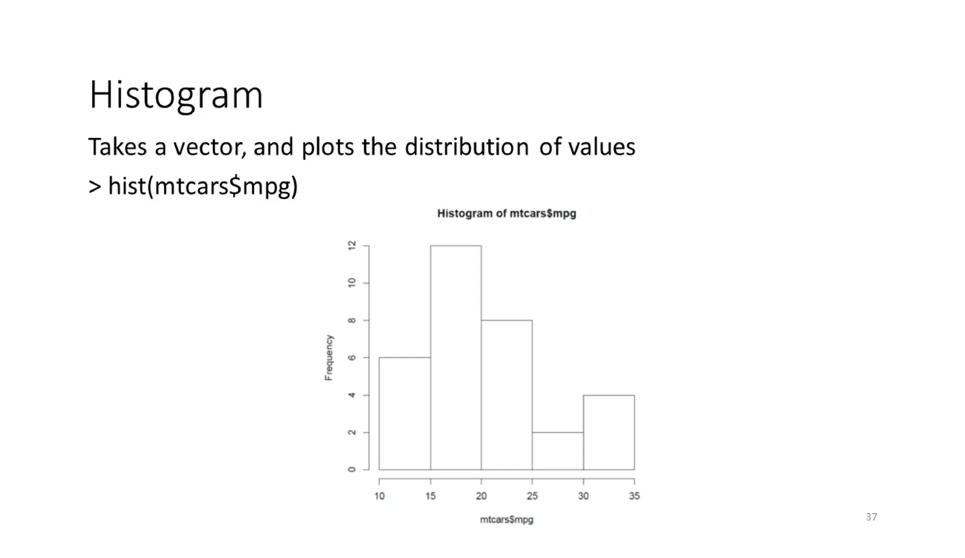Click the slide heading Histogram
(x=176, y=95)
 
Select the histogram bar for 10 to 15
(x=405, y=413)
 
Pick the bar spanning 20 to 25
(x=507, y=394)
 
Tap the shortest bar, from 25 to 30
(x=557, y=451)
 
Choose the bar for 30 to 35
(x=609, y=432)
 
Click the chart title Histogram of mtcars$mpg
(x=507, y=213)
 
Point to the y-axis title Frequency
(x=329, y=357)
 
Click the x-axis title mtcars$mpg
(x=507, y=519)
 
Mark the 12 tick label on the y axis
(x=352, y=246)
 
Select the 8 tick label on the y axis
(x=352, y=320)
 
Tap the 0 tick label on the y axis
(x=352, y=469)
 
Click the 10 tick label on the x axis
(x=379, y=496)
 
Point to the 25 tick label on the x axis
(x=532, y=496)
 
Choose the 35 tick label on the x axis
(x=634, y=496)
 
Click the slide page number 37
(x=871, y=517)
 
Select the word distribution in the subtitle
(x=466, y=147)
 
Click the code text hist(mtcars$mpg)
(x=203, y=186)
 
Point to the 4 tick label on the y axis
(x=352, y=395)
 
